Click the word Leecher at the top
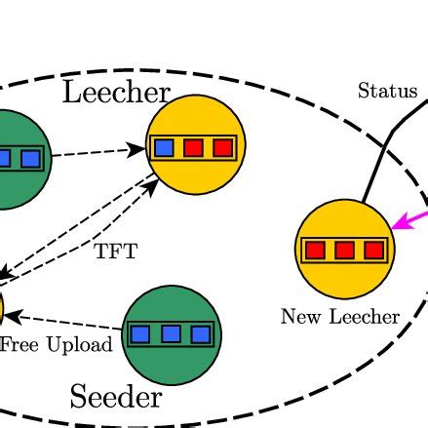pyautogui.click(x=116, y=93)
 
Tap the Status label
pyautogui.click(x=387, y=92)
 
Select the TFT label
pyautogui.click(x=116, y=252)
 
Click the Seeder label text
pyautogui.click(x=115, y=397)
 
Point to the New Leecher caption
pyautogui.click(x=340, y=317)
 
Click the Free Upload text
pyautogui.click(x=56, y=344)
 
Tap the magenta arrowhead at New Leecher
pyautogui.click(x=397, y=222)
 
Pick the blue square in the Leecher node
pyautogui.click(x=164, y=148)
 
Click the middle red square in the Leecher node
pyautogui.click(x=194, y=148)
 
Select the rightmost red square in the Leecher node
pyautogui.click(x=223, y=148)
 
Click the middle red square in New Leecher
pyautogui.click(x=344, y=251)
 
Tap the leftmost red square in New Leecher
pyautogui.click(x=315, y=251)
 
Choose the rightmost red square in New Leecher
pyautogui.click(x=373, y=251)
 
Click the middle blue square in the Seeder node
pyautogui.click(x=171, y=334)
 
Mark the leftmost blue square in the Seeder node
pyautogui.click(x=140, y=334)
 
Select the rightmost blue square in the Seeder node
pyautogui.click(x=201, y=334)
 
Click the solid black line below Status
pyautogui.click(x=377, y=166)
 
